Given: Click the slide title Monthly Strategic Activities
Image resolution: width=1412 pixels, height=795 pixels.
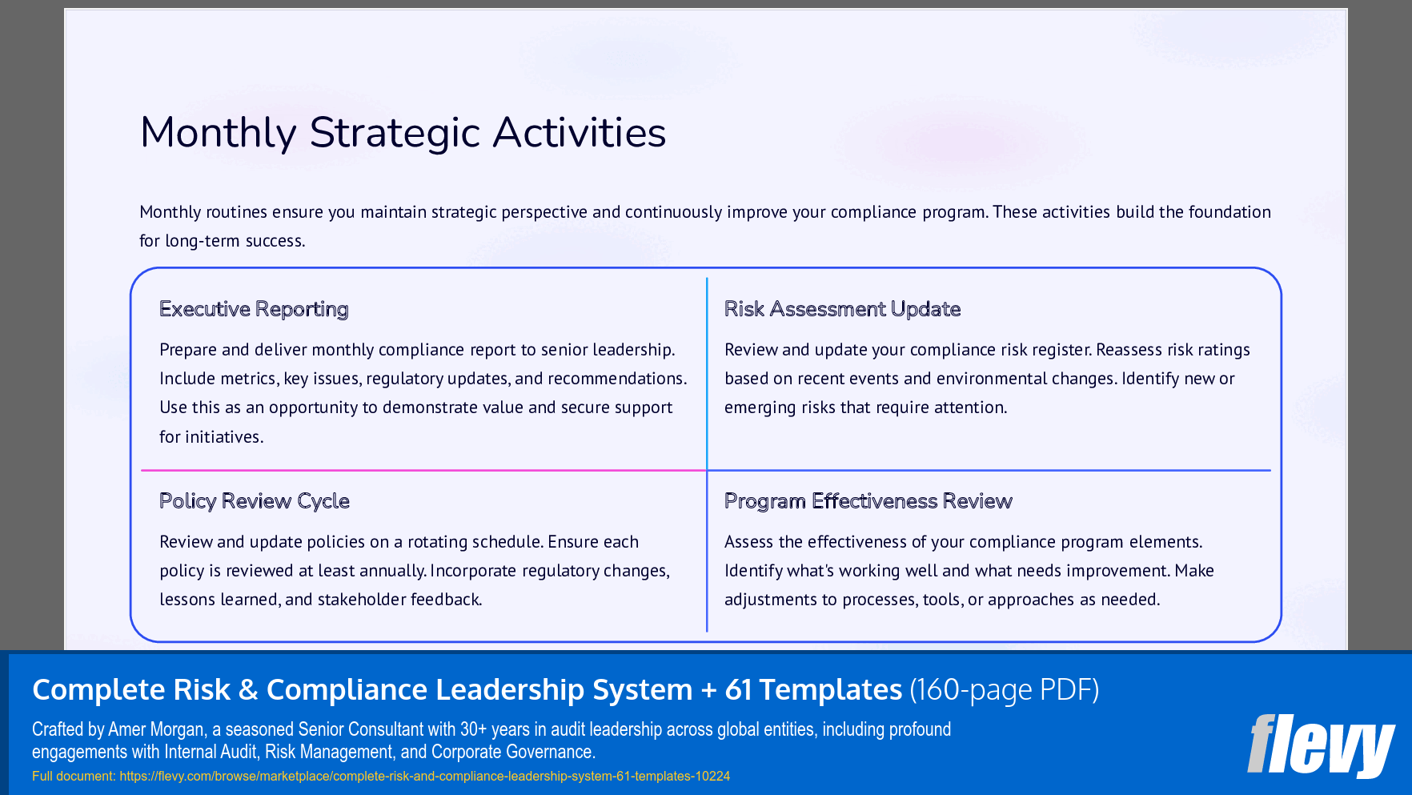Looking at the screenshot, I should coord(403,133).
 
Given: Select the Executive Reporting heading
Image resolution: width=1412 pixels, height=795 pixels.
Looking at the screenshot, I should coord(254,309).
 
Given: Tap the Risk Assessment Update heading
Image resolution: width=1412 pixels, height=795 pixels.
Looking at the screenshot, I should coord(842,309).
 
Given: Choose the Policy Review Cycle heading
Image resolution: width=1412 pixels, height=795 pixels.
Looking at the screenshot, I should coord(255,501).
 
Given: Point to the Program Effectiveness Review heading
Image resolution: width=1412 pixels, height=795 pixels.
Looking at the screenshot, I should coord(868,501).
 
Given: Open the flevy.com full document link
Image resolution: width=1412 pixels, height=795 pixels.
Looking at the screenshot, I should coord(424,776).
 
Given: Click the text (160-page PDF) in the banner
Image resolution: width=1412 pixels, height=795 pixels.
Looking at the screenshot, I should coord(1004,689).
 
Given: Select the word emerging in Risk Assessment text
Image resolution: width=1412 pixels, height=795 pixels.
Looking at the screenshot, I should coord(760,408).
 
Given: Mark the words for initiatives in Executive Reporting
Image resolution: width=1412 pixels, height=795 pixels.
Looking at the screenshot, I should coord(211,437).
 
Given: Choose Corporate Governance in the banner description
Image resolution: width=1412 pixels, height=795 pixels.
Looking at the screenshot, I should coord(513,752).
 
